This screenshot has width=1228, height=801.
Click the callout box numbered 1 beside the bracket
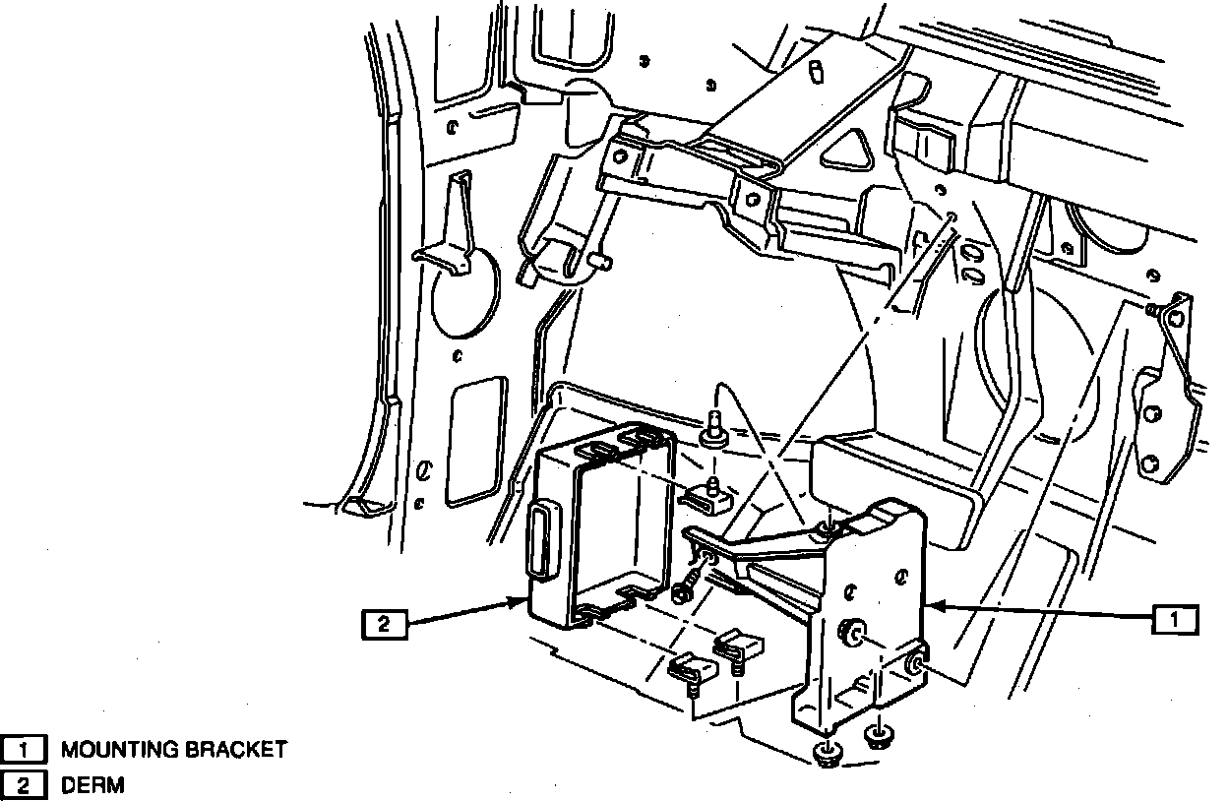(x=1175, y=620)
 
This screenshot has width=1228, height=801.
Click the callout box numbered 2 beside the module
(x=385, y=625)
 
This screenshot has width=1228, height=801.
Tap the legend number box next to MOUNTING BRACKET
(x=24, y=750)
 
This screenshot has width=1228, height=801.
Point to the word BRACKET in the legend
(x=236, y=750)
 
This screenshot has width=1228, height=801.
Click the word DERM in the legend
(x=92, y=785)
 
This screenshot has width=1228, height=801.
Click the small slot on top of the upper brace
(x=819, y=74)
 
